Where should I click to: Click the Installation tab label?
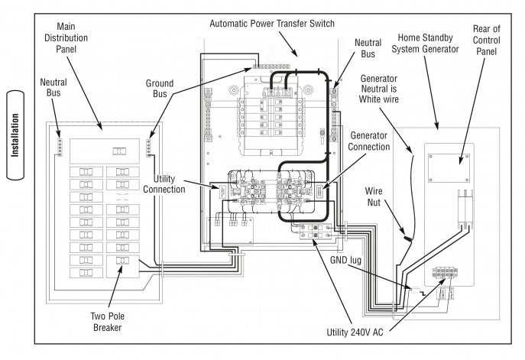(16, 136)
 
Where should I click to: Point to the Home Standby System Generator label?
(424, 44)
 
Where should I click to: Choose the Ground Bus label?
(159, 89)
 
